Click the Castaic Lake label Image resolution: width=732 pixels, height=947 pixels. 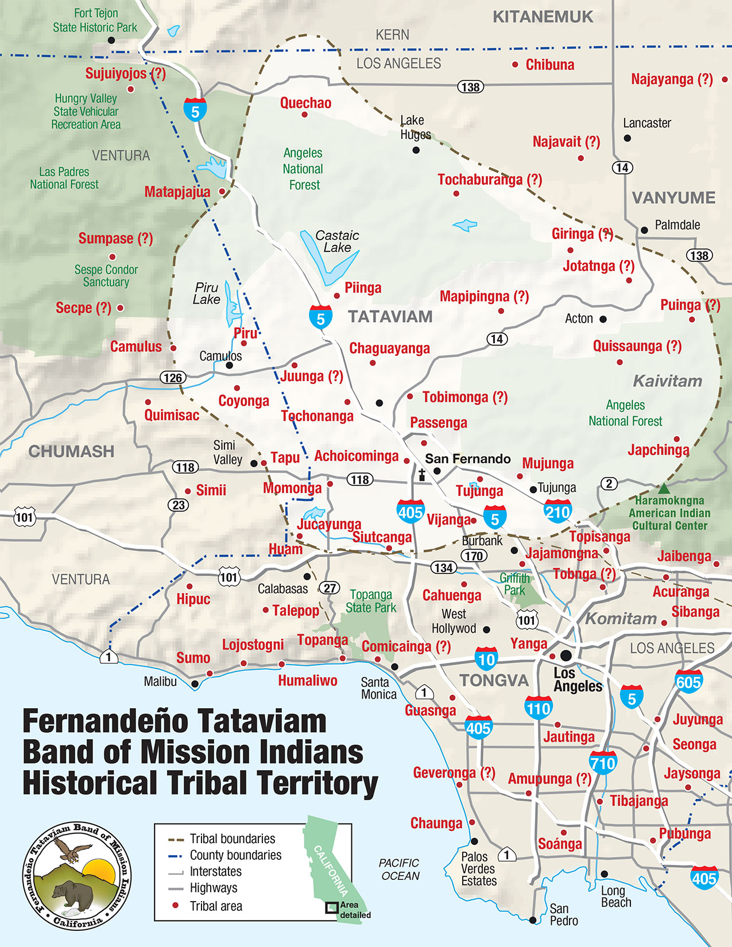point(337,242)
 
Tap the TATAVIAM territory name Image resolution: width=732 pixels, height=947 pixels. point(390,317)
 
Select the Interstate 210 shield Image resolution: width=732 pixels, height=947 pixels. point(557,511)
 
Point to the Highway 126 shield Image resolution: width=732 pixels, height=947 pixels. point(173,377)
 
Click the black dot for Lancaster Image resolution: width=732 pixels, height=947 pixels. point(628,138)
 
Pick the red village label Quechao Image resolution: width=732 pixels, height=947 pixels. point(305,103)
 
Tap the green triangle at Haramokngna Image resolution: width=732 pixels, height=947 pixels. point(664,488)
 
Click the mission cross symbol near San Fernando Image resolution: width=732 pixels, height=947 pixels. point(422,475)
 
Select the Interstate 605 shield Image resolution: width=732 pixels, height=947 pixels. point(688,681)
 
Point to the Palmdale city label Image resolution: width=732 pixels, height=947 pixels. point(677,225)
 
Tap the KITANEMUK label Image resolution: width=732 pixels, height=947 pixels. point(543,17)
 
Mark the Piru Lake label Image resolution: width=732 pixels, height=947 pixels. point(207,293)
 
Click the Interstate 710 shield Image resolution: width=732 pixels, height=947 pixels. point(603,763)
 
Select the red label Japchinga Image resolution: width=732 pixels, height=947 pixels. point(659,450)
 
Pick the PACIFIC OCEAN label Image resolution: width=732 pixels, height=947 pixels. point(400,870)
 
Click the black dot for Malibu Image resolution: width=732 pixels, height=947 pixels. point(195,684)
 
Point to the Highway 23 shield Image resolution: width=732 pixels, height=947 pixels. point(178,505)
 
